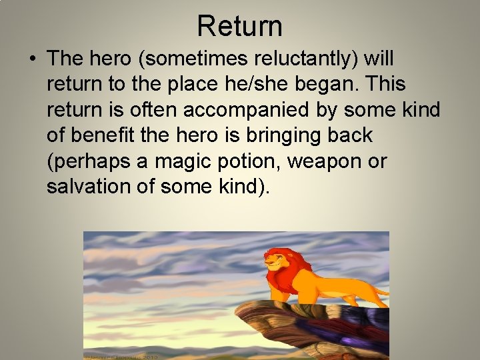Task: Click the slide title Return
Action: click(240, 27)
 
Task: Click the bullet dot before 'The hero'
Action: click(33, 59)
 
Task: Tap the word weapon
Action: click(327, 161)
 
